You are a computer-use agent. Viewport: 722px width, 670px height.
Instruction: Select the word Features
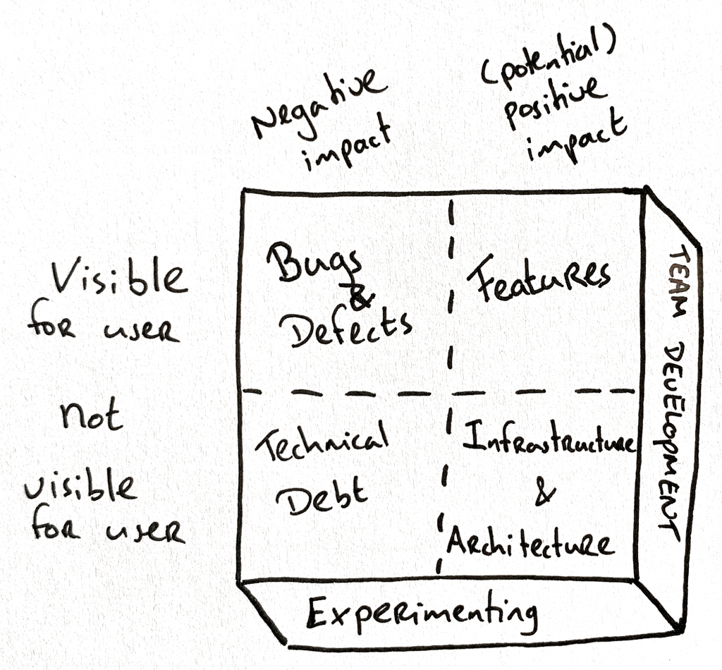coord(539,279)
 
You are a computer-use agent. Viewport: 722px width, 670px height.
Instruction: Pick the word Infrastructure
coord(549,443)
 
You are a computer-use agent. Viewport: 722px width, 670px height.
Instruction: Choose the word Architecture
coord(529,544)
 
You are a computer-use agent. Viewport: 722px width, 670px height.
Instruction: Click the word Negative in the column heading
coord(320,106)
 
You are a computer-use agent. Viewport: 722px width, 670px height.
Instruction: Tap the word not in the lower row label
coord(92,416)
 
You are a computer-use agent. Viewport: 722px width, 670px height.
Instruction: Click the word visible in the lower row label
coord(80,487)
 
